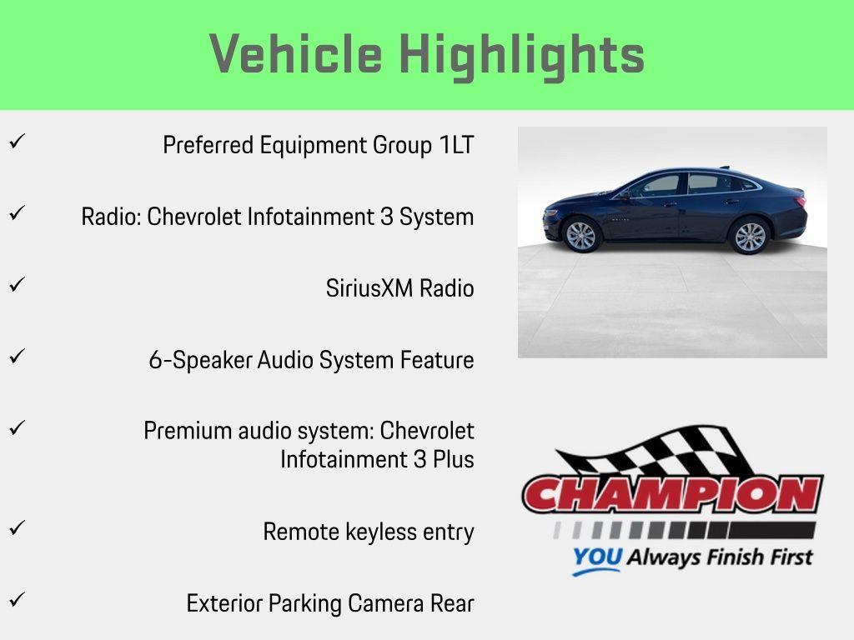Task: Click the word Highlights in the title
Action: [521, 55]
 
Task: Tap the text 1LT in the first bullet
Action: [456, 145]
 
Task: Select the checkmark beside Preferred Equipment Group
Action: [15, 142]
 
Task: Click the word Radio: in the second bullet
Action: [111, 217]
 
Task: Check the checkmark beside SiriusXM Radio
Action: [15, 285]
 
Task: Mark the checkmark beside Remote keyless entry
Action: [15, 528]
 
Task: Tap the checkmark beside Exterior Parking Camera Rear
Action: [15, 600]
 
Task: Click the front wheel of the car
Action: [581, 236]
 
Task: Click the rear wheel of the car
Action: [750, 237]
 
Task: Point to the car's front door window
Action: [660, 185]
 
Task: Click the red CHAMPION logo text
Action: [672, 495]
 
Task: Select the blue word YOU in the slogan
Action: [596, 557]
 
